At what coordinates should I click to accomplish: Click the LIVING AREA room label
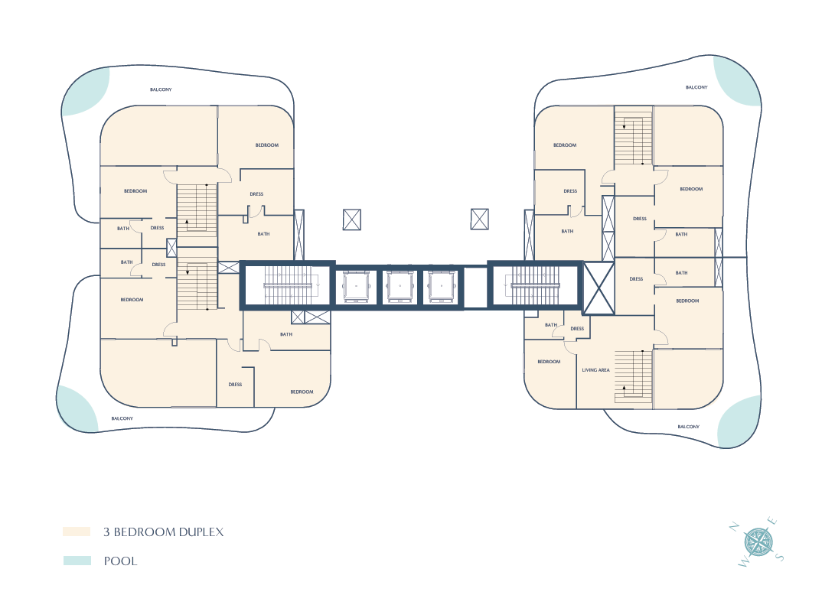[x=595, y=370]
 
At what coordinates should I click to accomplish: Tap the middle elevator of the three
[x=399, y=287]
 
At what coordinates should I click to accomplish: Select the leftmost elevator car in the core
[x=356, y=287]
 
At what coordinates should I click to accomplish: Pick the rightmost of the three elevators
[x=441, y=287]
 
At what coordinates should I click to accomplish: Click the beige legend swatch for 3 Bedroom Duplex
[x=77, y=531]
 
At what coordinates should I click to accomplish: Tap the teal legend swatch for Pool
[x=77, y=561]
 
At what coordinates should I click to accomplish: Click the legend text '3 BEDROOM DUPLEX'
[x=164, y=532]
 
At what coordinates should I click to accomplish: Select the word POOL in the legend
[x=120, y=561]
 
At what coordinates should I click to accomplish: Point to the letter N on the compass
[x=734, y=527]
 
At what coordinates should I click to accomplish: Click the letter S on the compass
[x=780, y=558]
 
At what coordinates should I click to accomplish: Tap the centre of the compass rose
[x=758, y=542]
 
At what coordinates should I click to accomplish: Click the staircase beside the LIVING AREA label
[x=634, y=377]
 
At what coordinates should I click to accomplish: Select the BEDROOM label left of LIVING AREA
[x=549, y=362]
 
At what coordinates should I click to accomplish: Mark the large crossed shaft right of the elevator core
[x=599, y=288]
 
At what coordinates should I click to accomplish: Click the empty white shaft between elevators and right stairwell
[x=475, y=288]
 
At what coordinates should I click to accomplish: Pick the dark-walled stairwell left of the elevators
[x=288, y=286]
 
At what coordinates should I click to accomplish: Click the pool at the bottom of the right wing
[x=739, y=421]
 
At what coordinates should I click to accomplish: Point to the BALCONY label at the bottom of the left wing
[x=122, y=418]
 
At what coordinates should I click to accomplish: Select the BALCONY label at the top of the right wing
[x=696, y=86]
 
